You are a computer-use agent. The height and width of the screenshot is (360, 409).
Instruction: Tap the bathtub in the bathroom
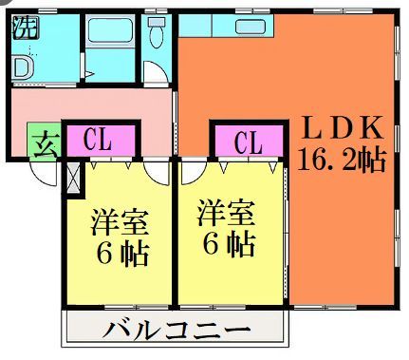112,43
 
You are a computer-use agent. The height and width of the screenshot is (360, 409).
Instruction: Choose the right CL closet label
248,143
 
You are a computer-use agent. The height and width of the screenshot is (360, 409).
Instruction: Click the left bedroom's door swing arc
158,173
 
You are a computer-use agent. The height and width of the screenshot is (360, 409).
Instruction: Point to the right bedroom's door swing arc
192,172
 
